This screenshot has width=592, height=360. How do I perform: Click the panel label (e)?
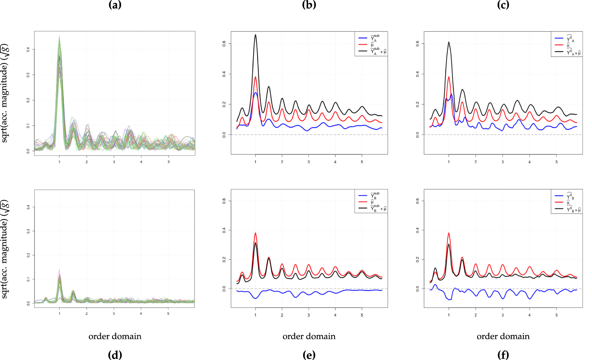coord(309,355)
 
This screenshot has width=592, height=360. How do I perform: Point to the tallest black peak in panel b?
coord(256,35)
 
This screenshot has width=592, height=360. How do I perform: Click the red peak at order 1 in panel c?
coord(449,77)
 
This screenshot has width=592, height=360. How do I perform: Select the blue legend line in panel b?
coord(363,38)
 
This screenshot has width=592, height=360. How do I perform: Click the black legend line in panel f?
coord(559,208)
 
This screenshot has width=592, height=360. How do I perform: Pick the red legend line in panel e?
coord(363,202)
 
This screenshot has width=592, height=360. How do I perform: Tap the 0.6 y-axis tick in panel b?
coord(224,44)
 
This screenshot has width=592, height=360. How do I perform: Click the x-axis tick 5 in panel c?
coord(556,162)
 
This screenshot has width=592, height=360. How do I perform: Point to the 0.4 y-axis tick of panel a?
coord(28,49)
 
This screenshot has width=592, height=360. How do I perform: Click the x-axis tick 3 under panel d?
coord(114,313)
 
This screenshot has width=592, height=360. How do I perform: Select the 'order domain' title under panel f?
coord(503,336)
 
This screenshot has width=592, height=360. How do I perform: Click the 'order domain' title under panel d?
coord(115,336)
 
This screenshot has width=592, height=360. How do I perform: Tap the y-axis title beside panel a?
coord(4,93)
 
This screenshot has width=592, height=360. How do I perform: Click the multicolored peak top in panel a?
coord(59,37)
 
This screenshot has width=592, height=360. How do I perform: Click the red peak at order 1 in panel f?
coord(449,233)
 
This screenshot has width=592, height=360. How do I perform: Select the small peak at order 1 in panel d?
coord(59,271)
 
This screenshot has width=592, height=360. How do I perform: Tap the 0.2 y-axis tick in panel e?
coord(224,260)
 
